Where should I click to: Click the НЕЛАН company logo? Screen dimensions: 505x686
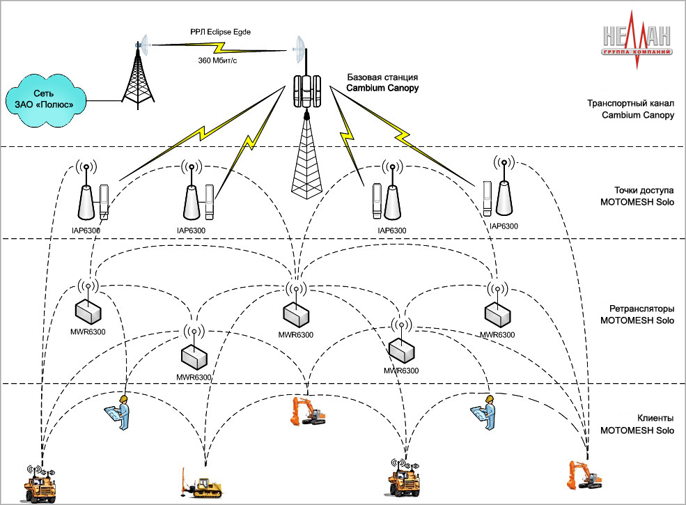coord(637,42)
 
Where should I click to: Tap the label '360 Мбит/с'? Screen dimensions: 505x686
coord(218,61)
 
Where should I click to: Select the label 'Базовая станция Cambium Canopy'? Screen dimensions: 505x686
coord(382,83)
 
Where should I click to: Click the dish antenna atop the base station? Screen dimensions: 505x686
coord(302,47)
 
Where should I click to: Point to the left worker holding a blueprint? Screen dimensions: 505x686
coord(119,415)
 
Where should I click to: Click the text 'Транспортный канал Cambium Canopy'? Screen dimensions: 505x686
coord(630,109)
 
